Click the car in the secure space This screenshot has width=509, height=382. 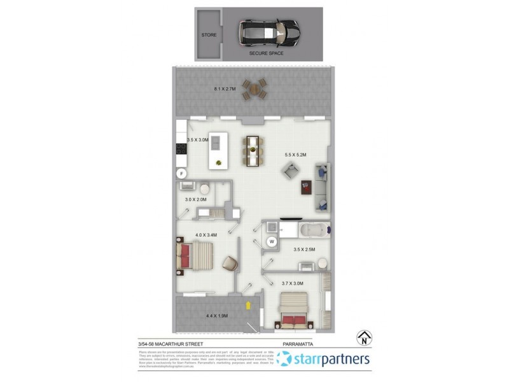tap(268, 31)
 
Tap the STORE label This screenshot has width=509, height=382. tap(209, 34)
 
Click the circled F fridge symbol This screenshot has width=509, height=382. tap(181, 173)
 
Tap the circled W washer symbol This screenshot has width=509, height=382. tap(271, 241)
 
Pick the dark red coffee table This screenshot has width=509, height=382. tap(306, 188)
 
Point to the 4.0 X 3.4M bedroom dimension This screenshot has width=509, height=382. tap(205, 235)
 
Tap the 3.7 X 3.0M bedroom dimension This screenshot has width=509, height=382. tap(291, 283)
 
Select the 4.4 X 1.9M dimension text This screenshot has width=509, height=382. tap(217, 316)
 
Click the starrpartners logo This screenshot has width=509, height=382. tap(324, 359)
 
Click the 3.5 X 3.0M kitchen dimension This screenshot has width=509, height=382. tap(198, 139)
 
